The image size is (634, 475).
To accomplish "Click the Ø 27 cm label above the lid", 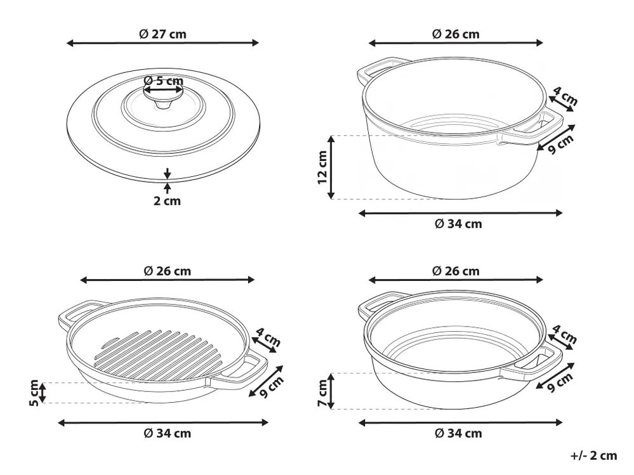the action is (162, 34).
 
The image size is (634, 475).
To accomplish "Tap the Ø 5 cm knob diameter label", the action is (163, 81).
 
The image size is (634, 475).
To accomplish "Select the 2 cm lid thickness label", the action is (167, 201).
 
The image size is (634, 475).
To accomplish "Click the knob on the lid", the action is (163, 98).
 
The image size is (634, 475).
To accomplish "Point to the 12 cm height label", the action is (322, 167).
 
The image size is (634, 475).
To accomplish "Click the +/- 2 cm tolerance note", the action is (593, 455).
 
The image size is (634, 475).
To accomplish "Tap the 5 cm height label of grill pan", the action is (34, 393).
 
